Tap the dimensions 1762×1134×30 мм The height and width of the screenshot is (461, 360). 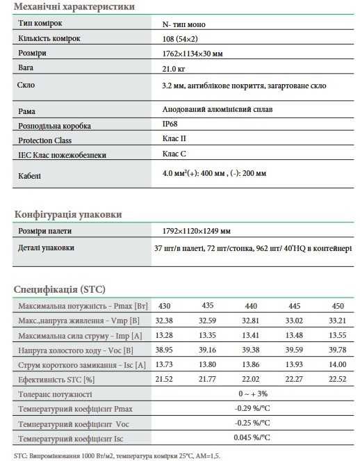[x=193, y=53]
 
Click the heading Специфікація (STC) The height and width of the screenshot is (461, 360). [x=60, y=289]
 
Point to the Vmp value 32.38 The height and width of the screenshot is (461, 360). [x=165, y=321]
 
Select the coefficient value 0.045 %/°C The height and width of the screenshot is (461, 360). [x=252, y=438]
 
